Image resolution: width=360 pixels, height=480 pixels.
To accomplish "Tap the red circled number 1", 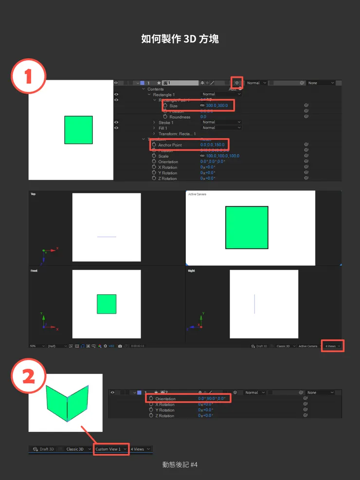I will pos(28,76).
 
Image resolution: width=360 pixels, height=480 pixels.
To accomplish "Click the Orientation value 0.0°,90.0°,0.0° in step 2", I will pos(212,399).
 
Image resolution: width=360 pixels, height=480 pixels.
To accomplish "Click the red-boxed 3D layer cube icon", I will pos(236,83).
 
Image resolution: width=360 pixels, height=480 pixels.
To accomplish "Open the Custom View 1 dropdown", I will pos(111,449).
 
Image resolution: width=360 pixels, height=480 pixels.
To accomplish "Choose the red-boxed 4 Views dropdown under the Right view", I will pos(333,346).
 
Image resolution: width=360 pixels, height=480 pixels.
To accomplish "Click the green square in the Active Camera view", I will pos(247,228).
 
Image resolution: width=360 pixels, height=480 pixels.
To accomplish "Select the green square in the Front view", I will pos(107,304).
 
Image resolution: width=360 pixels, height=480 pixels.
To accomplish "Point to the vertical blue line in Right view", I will pos(254,303).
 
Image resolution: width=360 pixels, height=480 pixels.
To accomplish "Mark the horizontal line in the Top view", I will pos(107,237).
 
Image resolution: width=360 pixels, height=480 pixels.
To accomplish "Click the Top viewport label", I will pos(34,194).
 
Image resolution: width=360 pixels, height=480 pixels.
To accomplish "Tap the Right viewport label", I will pos(191,270).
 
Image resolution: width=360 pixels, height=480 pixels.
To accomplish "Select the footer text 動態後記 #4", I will pos(180,465).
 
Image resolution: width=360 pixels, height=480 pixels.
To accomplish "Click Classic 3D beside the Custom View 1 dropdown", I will pos(75,449).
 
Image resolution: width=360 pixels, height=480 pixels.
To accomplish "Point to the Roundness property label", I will pos(180,117).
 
